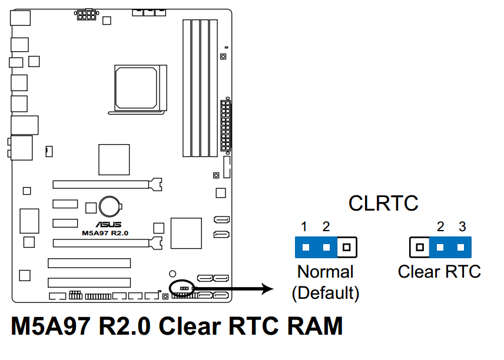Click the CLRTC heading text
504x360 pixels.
click(x=383, y=203)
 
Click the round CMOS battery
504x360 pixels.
click(x=110, y=205)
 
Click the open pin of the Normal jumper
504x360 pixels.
click(x=347, y=247)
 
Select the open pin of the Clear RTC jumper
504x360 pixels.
click(x=420, y=247)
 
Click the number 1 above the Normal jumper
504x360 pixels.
click(x=304, y=226)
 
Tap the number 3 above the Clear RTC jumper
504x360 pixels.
click(x=462, y=226)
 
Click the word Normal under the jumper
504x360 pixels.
click(x=326, y=272)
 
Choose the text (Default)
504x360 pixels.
click(x=326, y=292)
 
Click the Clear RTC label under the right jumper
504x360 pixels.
click(x=439, y=272)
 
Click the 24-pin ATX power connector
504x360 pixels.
click(x=225, y=125)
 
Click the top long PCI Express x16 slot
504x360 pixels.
click(x=106, y=184)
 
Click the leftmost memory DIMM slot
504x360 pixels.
click(x=187, y=88)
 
